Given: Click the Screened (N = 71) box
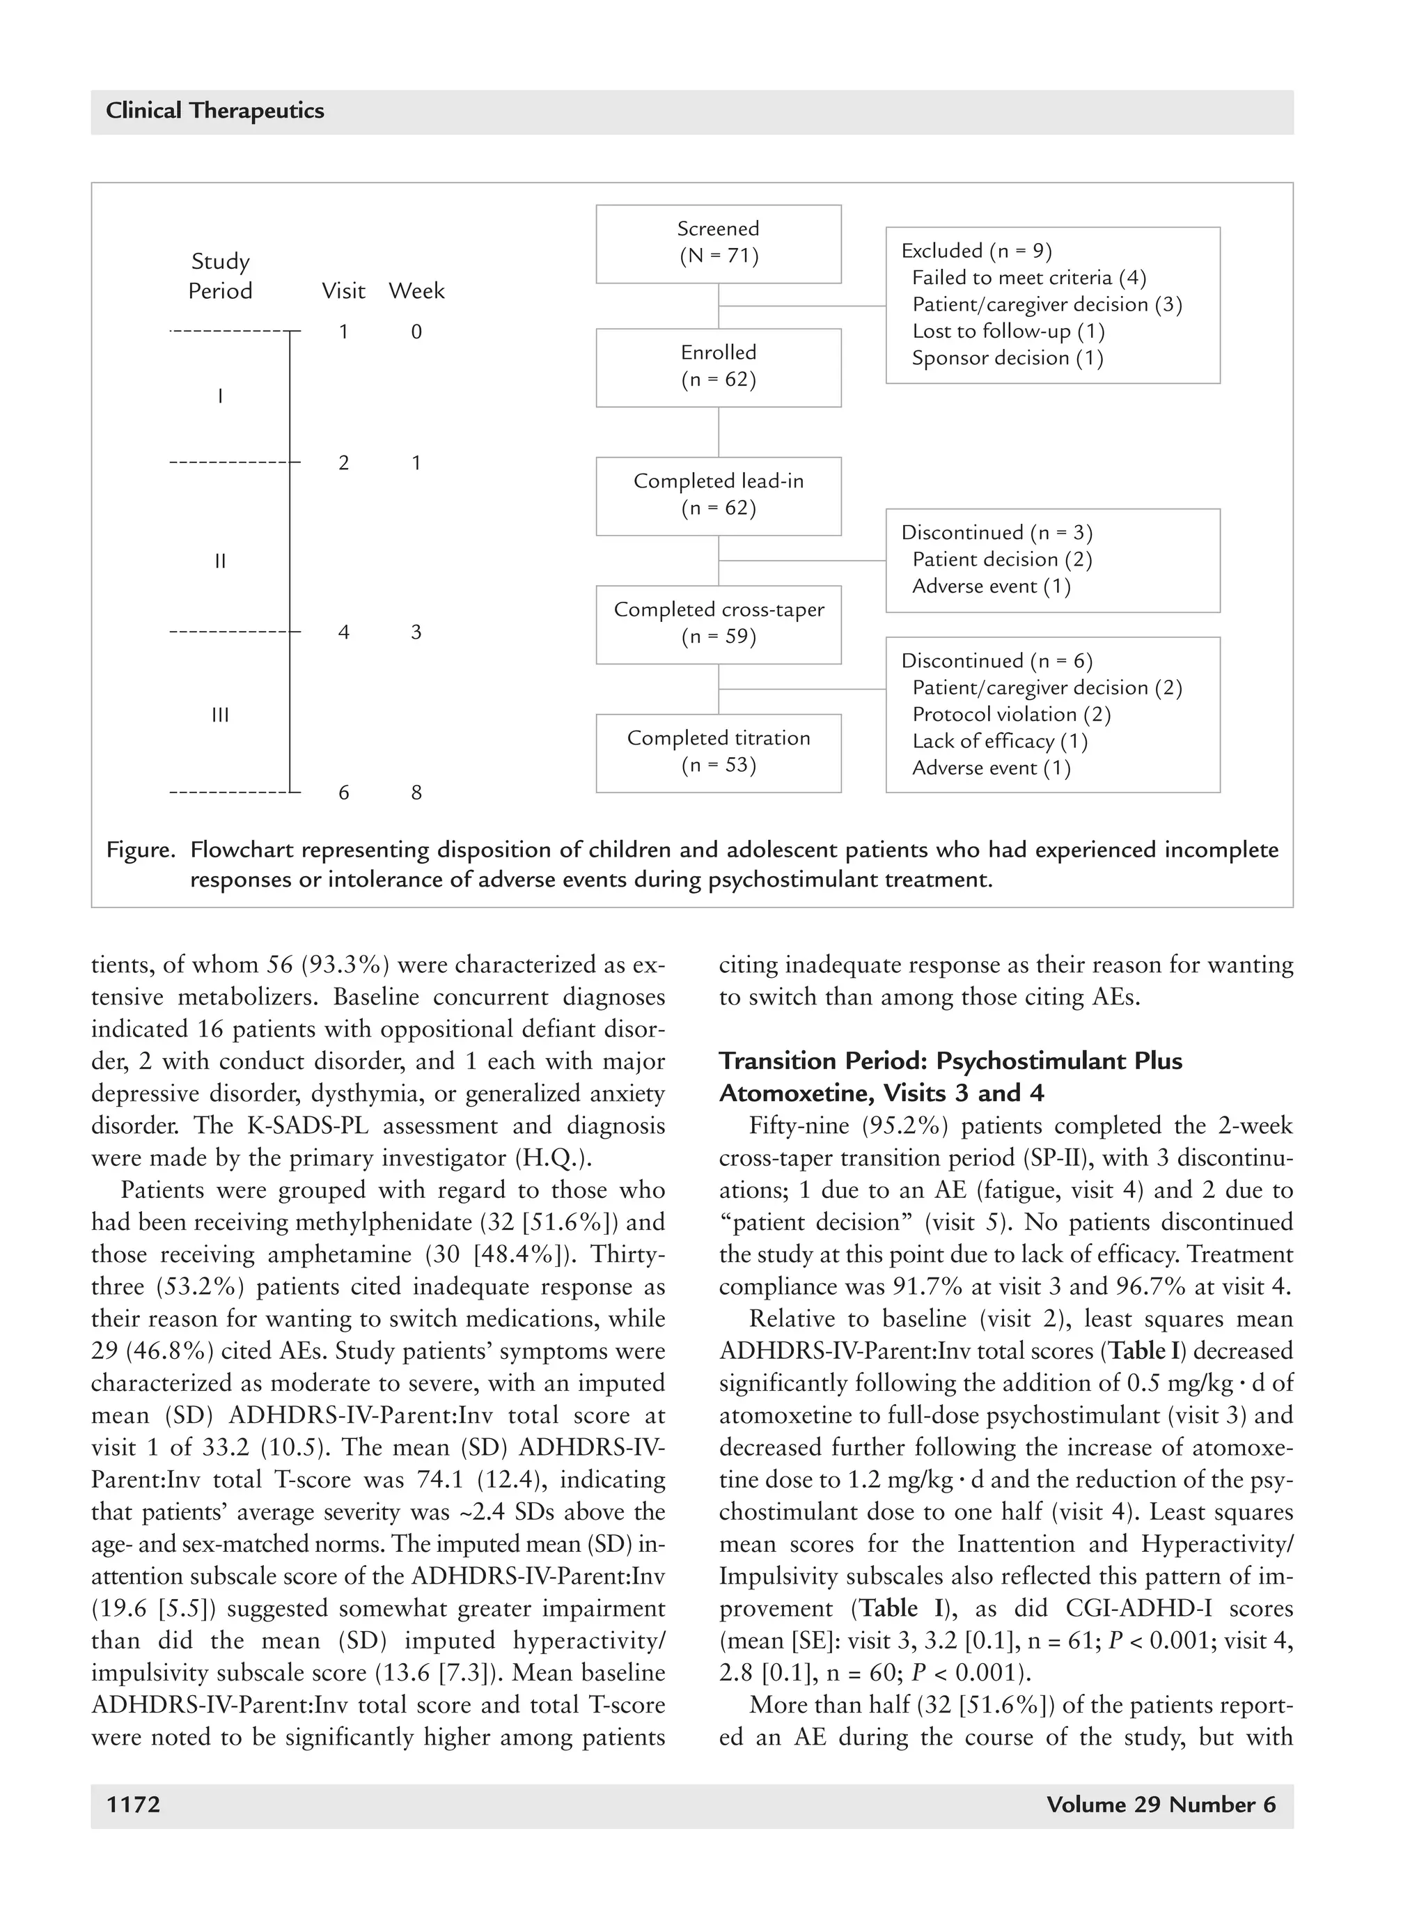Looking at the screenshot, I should [x=718, y=244].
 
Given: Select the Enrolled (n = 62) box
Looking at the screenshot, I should [x=718, y=367].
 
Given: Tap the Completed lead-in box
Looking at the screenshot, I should [x=718, y=496].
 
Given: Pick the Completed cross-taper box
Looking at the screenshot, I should [x=718, y=624].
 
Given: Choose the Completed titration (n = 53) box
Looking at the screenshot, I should [x=718, y=753].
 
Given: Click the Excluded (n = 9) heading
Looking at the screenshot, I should [x=976, y=251].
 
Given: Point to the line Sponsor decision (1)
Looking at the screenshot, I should [x=1008, y=358].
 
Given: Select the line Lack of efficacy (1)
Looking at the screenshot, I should [x=1000, y=742].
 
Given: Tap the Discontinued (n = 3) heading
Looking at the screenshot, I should [x=997, y=533].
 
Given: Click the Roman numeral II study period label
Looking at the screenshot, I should [x=220, y=562].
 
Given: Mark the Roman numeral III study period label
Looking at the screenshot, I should [x=220, y=716].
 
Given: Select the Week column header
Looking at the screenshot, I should [x=416, y=292].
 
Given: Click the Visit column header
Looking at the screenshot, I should [x=343, y=292].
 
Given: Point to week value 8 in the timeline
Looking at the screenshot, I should [x=416, y=793].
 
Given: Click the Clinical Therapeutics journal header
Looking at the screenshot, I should [x=215, y=111].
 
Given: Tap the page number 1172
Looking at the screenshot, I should [x=133, y=1805].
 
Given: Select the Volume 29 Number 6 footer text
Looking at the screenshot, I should [x=1160, y=1805].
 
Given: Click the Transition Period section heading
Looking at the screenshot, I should [x=950, y=1077].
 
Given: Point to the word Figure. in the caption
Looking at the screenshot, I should [x=141, y=850].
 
